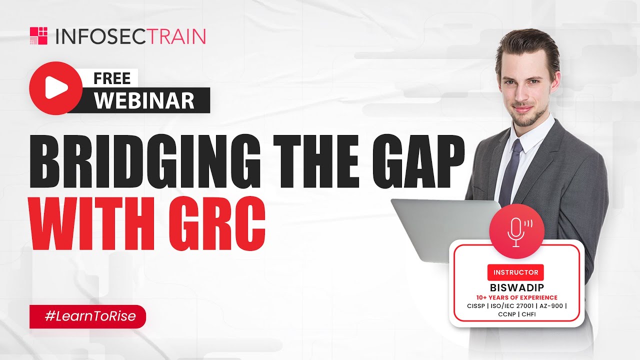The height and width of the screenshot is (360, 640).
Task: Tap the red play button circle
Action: pyautogui.click(x=55, y=88)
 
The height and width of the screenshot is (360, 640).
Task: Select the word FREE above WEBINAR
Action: pyautogui.click(x=112, y=78)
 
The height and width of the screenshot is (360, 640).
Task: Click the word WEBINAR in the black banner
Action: pyautogui.click(x=144, y=100)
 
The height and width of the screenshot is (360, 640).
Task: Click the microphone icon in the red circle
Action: pyautogui.click(x=516, y=231)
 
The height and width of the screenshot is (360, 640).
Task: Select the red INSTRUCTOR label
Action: pyautogui.click(x=516, y=272)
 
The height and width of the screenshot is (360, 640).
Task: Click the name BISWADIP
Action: pyautogui.click(x=516, y=287)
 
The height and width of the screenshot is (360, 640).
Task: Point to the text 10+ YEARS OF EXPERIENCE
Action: pyautogui.click(x=516, y=297)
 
